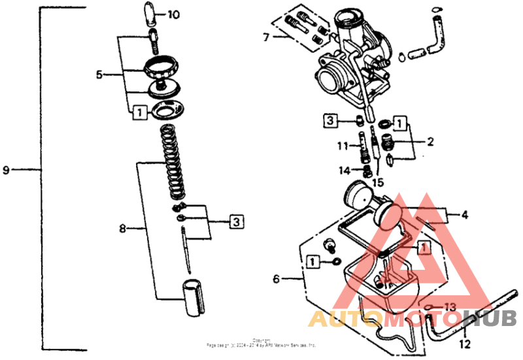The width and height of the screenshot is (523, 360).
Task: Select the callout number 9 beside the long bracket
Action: click(x=7, y=171)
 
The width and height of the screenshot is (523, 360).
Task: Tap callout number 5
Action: click(x=99, y=74)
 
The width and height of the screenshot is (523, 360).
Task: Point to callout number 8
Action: click(x=122, y=229)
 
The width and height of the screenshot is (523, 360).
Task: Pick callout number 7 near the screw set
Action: click(x=266, y=37)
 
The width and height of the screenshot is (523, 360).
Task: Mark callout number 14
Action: click(x=344, y=171)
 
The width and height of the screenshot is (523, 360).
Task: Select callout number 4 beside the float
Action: click(x=464, y=214)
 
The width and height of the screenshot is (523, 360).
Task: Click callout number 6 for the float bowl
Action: click(x=277, y=279)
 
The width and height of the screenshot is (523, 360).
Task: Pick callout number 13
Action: click(x=450, y=306)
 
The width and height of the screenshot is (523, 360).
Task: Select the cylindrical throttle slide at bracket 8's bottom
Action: click(x=192, y=298)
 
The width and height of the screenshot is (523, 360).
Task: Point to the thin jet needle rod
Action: click(x=187, y=248)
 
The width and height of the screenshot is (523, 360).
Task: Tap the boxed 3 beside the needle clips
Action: click(x=236, y=222)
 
